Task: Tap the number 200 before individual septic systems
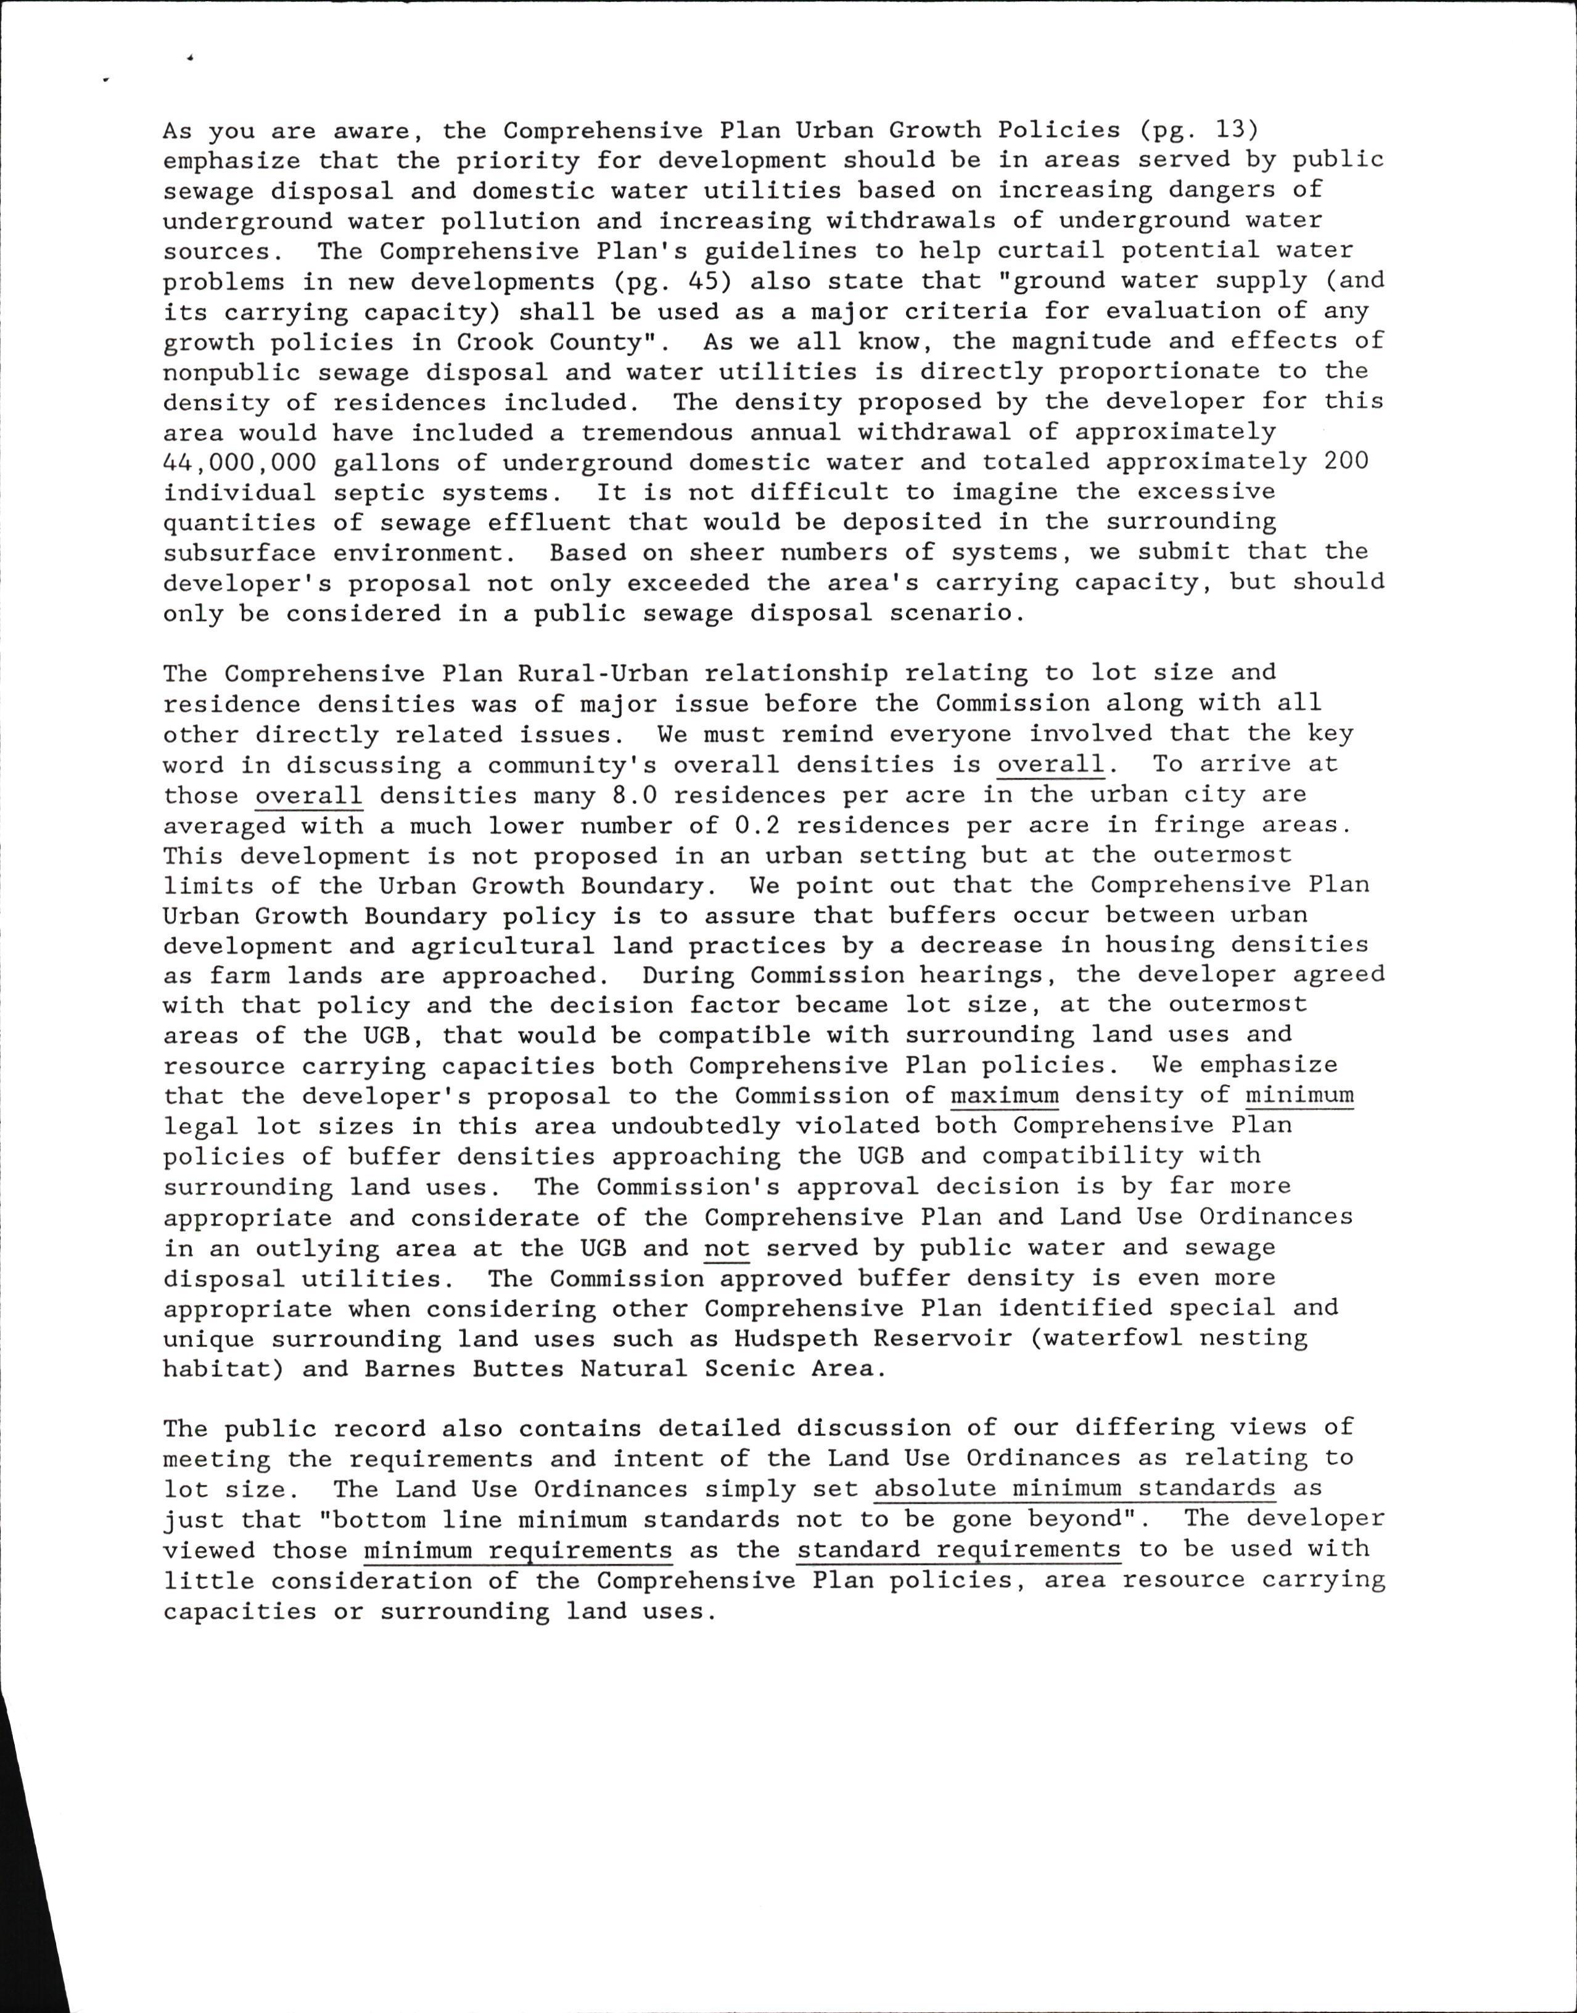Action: [x=1346, y=461]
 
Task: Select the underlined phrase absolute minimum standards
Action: [x=1075, y=1489]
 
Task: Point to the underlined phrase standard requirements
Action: [x=959, y=1550]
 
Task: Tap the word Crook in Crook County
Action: [x=495, y=342]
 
